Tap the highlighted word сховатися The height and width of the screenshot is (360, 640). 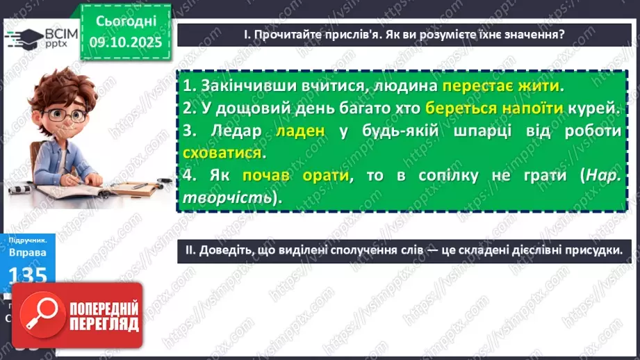pyautogui.click(x=222, y=153)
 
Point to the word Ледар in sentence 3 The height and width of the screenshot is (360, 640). pyautogui.click(x=235, y=131)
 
